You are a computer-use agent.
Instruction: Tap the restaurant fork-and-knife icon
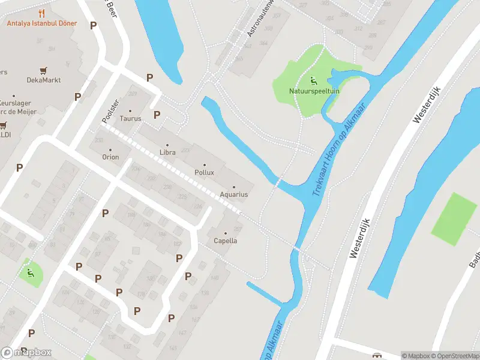coord(41,13)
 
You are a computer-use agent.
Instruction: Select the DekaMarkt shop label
coord(44,80)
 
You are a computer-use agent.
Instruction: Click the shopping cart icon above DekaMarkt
coord(43,71)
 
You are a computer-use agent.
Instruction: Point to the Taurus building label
coord(130,118)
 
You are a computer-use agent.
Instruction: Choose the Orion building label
coord(110,157)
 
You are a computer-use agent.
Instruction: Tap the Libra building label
coord(167,153)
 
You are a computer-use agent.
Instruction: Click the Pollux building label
coord(204,172)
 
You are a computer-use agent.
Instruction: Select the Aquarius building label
coord(234,194)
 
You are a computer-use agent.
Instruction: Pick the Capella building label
coord(226,241)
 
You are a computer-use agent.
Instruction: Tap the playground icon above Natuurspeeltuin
coord(313,80)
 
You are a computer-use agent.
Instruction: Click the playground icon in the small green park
coord(29,274)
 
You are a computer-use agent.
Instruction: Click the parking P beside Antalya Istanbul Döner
coord(93,25)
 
